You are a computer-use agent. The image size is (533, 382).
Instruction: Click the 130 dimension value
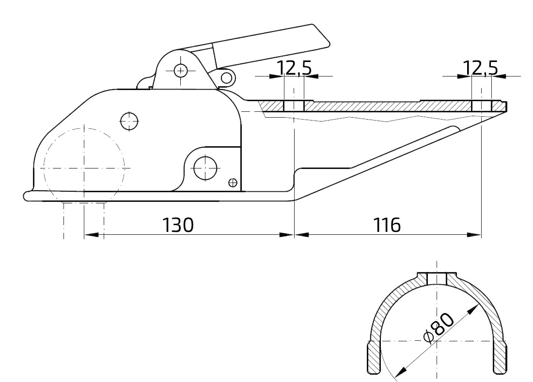pos(177,225)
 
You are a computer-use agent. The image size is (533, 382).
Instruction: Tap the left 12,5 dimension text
pos(294,69)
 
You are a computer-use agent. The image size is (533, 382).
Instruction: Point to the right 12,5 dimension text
pos(481,69)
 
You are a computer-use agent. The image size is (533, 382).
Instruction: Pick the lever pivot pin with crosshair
pos(181,71)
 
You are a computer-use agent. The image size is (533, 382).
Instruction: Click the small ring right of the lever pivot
pos(225,76)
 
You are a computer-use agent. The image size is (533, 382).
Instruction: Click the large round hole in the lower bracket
pos(204,168)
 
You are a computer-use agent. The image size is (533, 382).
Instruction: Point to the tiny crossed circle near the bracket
pos(233,182)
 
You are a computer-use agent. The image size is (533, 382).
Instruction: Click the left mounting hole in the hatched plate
pos(294,106)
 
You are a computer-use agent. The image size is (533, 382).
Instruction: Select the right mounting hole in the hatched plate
pos(481,106)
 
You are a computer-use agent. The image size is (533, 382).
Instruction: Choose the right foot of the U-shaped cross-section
pos(501,358)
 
